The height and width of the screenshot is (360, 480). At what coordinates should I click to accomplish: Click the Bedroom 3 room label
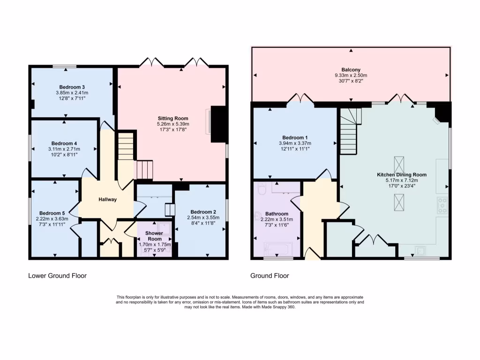pyautogui.click(x=72, y=87)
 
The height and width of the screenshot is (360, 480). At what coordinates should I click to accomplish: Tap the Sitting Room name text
pyautogui.click(x=173, y=118)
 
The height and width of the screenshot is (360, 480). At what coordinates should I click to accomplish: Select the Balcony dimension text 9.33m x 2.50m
pyautogui.click(x=351, y=75)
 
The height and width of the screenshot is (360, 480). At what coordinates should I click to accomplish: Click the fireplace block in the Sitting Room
pyautogui.click(x=218, y=124)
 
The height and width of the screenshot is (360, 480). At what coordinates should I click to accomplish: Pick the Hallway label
pyautogui.click(x=107, y=199)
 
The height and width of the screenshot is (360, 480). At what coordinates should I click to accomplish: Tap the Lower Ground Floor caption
pyautogui.click(x=57, y=276)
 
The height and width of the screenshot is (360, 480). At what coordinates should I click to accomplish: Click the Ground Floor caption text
pyautogui.click(x=270, y=276)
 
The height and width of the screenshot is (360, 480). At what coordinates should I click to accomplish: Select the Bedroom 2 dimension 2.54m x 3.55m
pyautogui.click(x=203, y=217)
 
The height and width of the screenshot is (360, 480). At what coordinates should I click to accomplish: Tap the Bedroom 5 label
pyautogui.click(x=52, y=212)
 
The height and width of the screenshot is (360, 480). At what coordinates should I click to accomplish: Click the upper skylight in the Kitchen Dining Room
pyautogui.click(x=399, y=164)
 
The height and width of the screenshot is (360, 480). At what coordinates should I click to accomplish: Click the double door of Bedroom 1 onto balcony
pyautogui.click(x=300, y=99)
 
